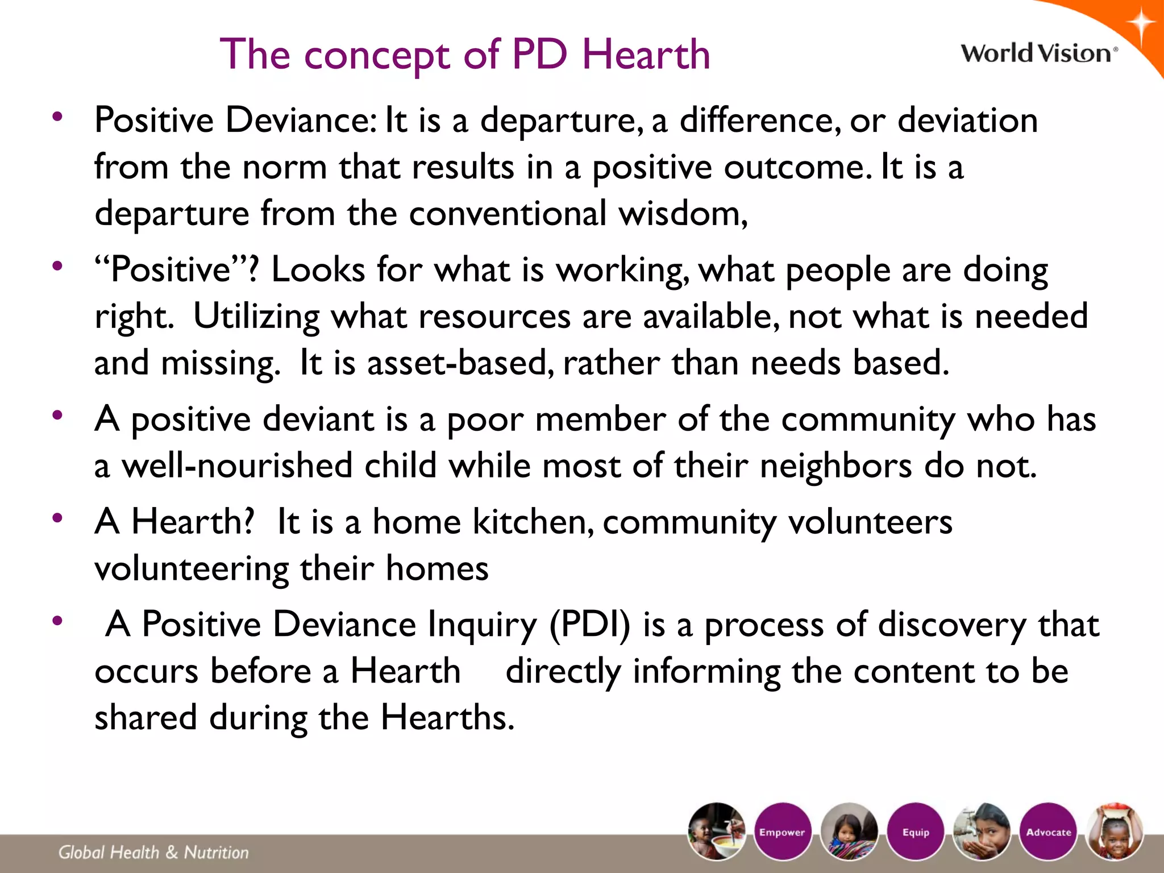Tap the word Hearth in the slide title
coord(646,55)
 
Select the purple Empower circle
coord(782,832)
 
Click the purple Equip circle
coord(916,832)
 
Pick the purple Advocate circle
coord(1048,832)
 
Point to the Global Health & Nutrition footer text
coord(153,852)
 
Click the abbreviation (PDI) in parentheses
coord(590,625)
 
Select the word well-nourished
coord(237,465)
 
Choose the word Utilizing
coord(256,317)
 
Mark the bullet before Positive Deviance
coord(57,117)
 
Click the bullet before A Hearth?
coord(57,518)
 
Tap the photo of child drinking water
coord(982,832)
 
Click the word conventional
coord(508,214)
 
